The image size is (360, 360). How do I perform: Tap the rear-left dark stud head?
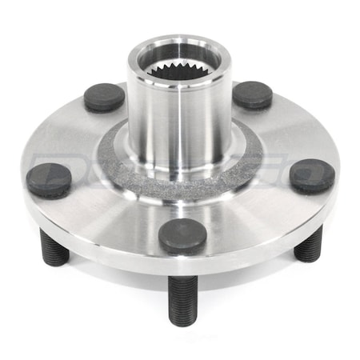pos(105,97)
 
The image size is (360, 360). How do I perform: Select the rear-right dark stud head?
pos(252,94)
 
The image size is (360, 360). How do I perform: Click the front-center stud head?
pos(182,236)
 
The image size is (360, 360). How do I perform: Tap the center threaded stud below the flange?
pos(182,297)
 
